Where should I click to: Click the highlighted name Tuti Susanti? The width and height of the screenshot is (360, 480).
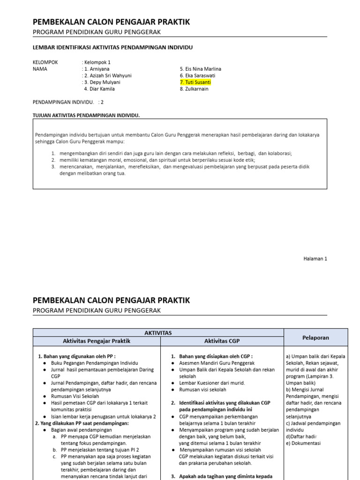click(x=195, y=82)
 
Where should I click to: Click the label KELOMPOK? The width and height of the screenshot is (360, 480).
click(x=45, y=62)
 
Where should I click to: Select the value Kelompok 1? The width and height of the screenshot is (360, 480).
click(x=97, y=62)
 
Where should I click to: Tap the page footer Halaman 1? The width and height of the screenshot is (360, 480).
click(x=315, y=258)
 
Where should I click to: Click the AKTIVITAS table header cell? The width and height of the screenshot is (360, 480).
click(x=158, y=333)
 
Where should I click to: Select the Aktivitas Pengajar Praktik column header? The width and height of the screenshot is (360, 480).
click(x=97, y=341)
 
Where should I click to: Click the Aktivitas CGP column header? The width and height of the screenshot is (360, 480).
click(x=222, y=341)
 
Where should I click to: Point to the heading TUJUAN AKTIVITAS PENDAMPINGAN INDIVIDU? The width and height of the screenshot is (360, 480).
click(x=86, y=115)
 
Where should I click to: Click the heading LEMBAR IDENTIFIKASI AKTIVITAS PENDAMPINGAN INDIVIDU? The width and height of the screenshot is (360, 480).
click(x=112, y=47)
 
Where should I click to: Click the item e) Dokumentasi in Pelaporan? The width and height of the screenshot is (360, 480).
click(x=303, y=443)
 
